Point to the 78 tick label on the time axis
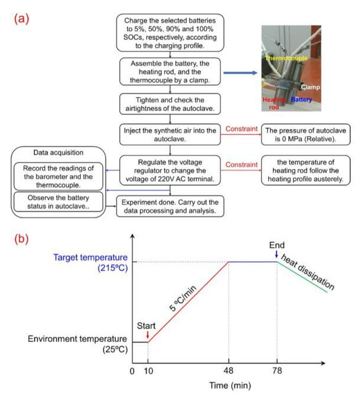point(277,371)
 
